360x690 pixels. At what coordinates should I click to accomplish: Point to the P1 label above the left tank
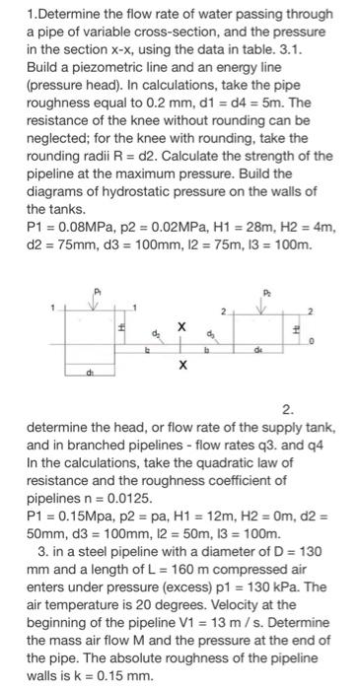[96, 292]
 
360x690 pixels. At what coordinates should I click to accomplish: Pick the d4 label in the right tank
[259, 347]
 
